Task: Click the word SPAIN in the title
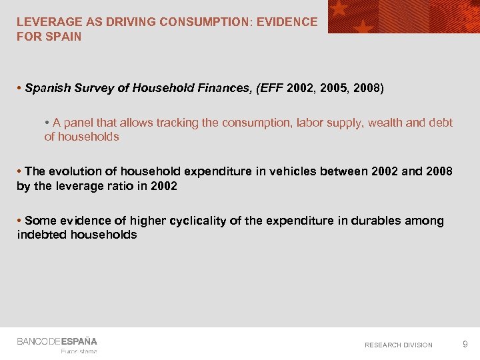point(65,37)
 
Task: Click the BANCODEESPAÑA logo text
point(57,341)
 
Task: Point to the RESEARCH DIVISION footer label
point(399,345)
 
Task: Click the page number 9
point(465,344)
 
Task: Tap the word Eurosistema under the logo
point(79,351)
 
